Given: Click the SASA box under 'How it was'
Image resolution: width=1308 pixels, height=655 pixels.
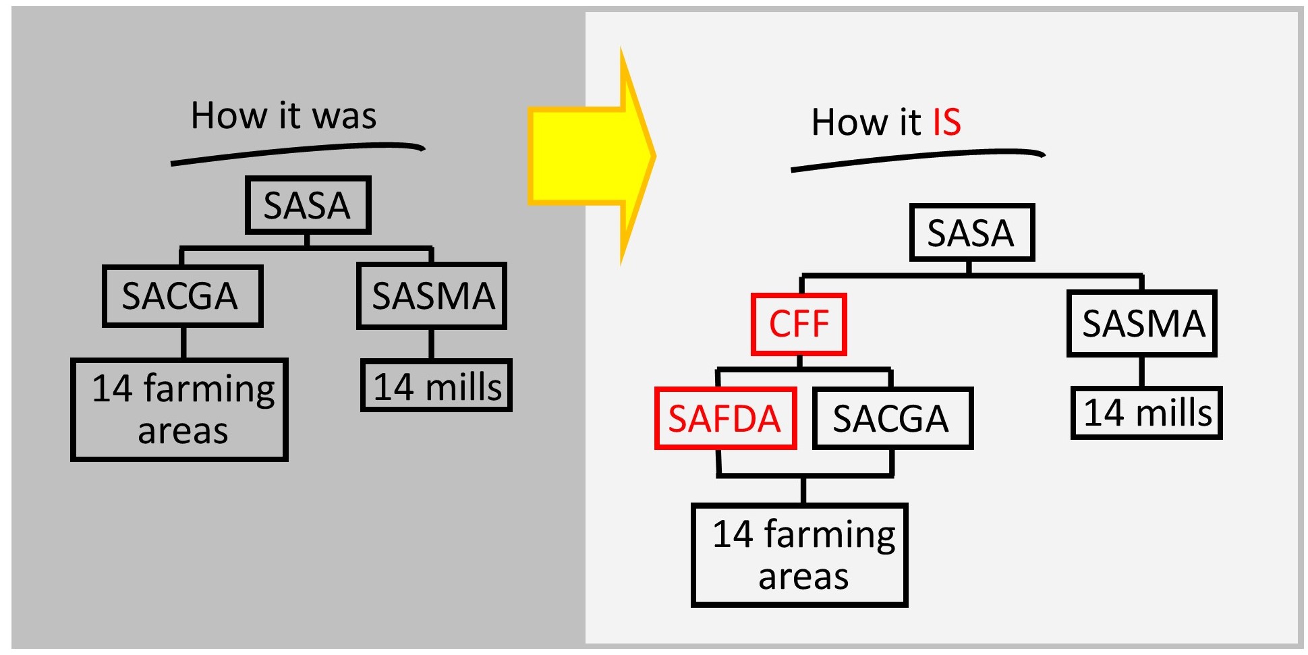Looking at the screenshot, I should click(308, 205).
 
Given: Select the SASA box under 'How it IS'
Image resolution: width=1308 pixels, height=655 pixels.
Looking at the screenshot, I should click(971, 233).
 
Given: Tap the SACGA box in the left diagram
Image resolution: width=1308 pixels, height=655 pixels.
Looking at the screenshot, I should click(182, 295).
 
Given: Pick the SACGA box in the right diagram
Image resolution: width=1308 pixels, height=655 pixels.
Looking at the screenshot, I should click(892, 418).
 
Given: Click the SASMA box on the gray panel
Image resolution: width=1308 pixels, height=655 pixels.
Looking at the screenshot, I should click(432, 295).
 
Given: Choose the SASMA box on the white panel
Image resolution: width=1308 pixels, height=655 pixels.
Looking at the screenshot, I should click(1141, 323).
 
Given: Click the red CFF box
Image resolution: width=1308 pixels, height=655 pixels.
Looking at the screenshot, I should click(799, 324).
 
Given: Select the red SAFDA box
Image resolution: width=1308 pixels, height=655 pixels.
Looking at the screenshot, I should click(725, 418).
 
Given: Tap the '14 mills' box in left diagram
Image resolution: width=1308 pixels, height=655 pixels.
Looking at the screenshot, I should click(436, 386).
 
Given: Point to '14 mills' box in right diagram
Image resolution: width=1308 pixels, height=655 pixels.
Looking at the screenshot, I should click(1147, 412).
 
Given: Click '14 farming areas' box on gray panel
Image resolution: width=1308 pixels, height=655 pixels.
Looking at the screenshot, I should click(179, 409).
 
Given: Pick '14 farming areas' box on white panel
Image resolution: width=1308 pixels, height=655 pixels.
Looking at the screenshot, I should click(799, 554).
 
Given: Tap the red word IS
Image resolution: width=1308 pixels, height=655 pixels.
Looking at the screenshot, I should click(946, 122).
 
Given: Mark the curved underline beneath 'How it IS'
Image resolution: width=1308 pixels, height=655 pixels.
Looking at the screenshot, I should click(917, 158).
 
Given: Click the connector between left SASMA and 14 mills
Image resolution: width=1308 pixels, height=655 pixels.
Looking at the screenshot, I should click(431, 344).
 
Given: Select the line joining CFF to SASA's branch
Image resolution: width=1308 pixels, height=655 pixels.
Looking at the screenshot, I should click(802, 284).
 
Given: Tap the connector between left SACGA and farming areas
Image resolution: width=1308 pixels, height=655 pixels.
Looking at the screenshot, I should click(183, 343).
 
